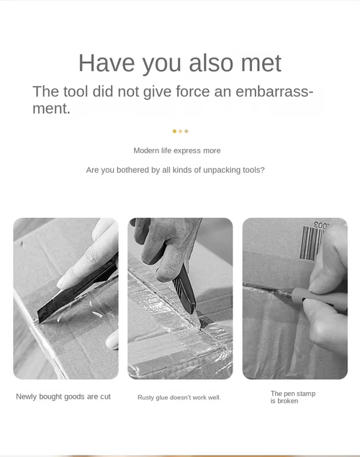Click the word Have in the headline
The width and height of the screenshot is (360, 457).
point(107,63)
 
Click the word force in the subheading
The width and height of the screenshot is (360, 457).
point(193,91)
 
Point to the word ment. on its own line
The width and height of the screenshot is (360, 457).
point(51,109)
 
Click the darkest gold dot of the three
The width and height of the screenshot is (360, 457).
point(174,131)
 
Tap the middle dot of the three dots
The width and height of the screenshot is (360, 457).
point(181,131)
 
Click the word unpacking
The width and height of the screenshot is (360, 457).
point(222,171)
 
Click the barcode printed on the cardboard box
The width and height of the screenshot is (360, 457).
point(312,243)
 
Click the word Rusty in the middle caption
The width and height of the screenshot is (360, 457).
point(145,397)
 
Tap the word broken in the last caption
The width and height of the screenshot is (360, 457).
point(287,401)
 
